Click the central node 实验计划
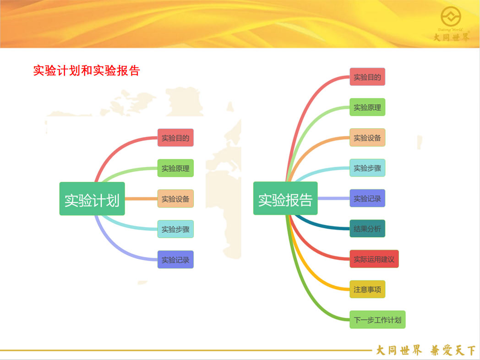(x=92, y=199)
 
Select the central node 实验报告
(x=285, y=198)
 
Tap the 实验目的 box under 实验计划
(x=175, y=138)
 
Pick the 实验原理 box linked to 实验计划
(x=175, y=168)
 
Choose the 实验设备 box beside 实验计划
(x=175, y=199)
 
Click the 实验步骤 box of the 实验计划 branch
(x=175, y=229)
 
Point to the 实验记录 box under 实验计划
(x=175, y=260)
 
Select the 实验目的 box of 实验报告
(x=367, y=77)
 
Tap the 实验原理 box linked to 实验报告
(x=367, y=107)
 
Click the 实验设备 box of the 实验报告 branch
(x=367, y=137)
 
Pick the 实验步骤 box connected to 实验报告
(x=367, y=168)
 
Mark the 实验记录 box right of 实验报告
(x=367, y=198)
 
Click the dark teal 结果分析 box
(x=367, y=229)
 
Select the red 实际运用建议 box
(x=374, y=259)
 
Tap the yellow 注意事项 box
(x=367, y=289)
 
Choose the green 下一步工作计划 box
(x=377, y=320)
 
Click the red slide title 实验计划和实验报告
(x=87, y=71)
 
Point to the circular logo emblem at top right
(x=451, y=16)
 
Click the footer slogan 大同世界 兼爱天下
(x=425, y=350)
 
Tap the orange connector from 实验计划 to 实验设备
(x=141, y=199)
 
